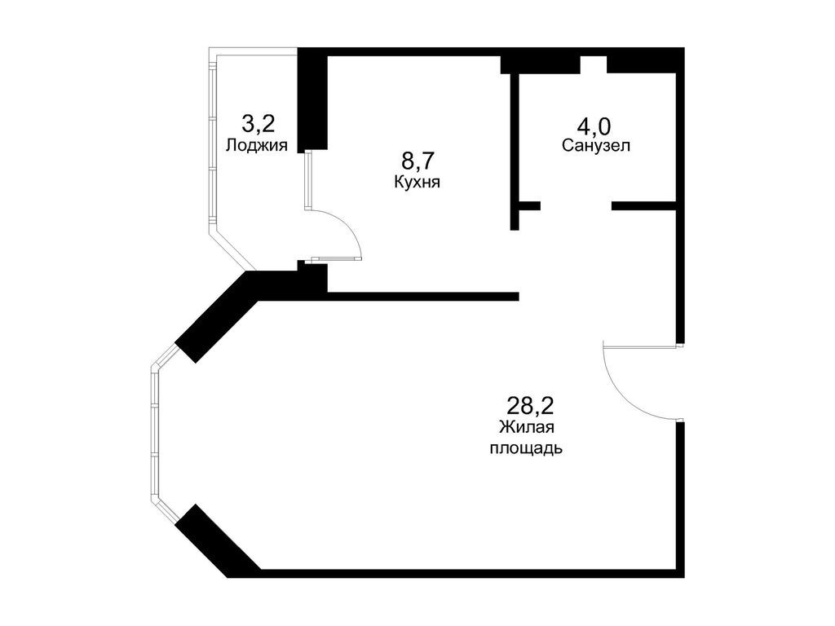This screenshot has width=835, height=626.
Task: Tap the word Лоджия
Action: tap(257, 146)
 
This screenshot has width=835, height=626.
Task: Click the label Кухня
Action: tap(417, 183)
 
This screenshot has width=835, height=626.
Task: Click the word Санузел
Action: tap(596, 146)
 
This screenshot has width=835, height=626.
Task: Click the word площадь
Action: tap(526, 448)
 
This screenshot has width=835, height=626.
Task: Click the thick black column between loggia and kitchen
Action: tap(312, 99)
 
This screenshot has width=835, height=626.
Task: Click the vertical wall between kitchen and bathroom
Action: tap(515, 151)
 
